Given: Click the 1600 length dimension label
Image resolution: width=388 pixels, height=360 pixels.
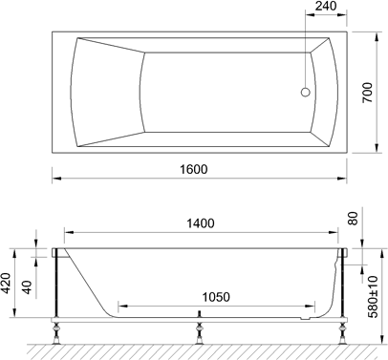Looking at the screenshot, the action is click(x=194, y=169).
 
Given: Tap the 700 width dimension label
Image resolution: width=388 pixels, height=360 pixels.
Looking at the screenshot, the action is click(x=368, y=93).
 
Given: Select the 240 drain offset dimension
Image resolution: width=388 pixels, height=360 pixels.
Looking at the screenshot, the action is click(x=326, y=6).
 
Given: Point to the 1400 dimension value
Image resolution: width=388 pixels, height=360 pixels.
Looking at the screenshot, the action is click(x=201, y=223).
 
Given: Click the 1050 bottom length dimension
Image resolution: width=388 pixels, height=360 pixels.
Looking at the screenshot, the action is click(x=216, y=297).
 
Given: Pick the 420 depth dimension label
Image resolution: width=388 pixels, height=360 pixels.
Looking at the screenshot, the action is click(x=7, y=284).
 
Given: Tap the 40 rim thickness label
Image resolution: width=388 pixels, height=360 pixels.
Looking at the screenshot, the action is click(x=28, y=287).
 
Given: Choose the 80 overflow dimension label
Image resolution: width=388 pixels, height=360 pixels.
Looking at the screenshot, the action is click(x=354, y=219).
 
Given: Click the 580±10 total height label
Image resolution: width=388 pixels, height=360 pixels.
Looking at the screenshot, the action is click(x=373, y=297).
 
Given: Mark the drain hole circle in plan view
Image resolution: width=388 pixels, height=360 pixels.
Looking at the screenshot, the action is click(x=305, y=93).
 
